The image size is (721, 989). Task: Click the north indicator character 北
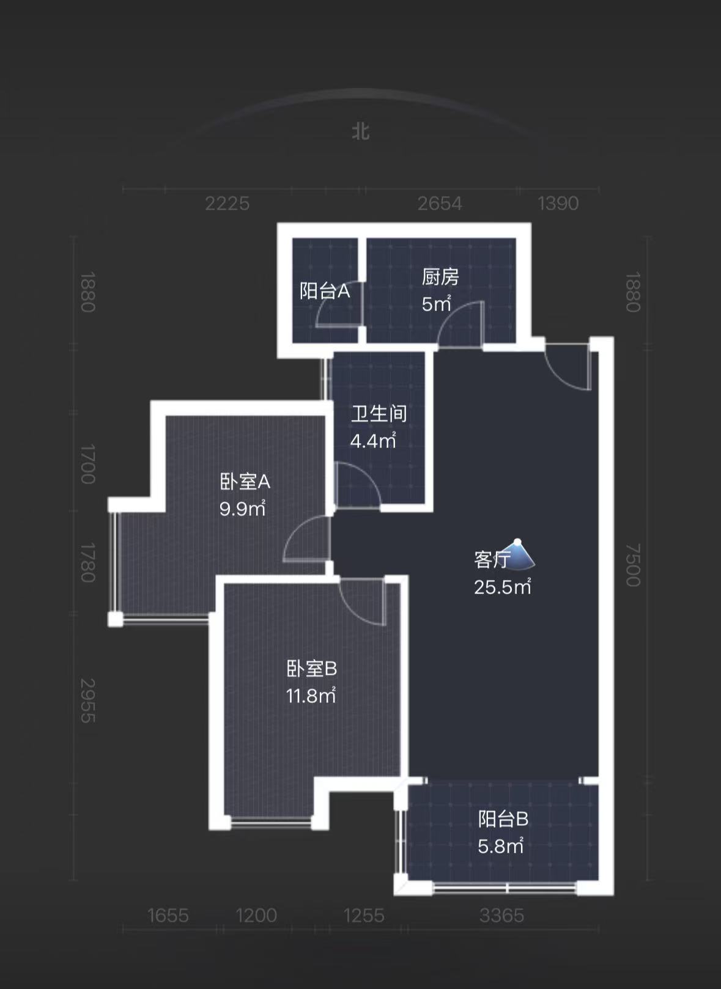coord(361,131)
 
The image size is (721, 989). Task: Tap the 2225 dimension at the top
coord(227,203)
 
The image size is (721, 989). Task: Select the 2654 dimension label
coord(440,203)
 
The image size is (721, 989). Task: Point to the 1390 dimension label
coord(558,203)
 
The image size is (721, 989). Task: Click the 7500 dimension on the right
coord(633,565)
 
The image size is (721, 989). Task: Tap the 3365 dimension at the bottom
coord(501,915)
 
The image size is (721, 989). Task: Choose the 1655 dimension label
coord(168,915)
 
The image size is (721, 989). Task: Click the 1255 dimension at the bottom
coord(364,915)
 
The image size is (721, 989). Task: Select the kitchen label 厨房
coord(440,277)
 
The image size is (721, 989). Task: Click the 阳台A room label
coord(325,291)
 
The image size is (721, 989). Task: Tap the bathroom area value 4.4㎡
coord(373,441)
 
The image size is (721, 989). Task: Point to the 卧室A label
coord(245,482)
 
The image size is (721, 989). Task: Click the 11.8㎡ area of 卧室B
coord(311,696)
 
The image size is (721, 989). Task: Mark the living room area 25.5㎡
coord(502,587)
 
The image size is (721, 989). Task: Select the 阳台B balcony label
coord(503,818)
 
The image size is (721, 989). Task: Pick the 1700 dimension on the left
coord(88,464)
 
